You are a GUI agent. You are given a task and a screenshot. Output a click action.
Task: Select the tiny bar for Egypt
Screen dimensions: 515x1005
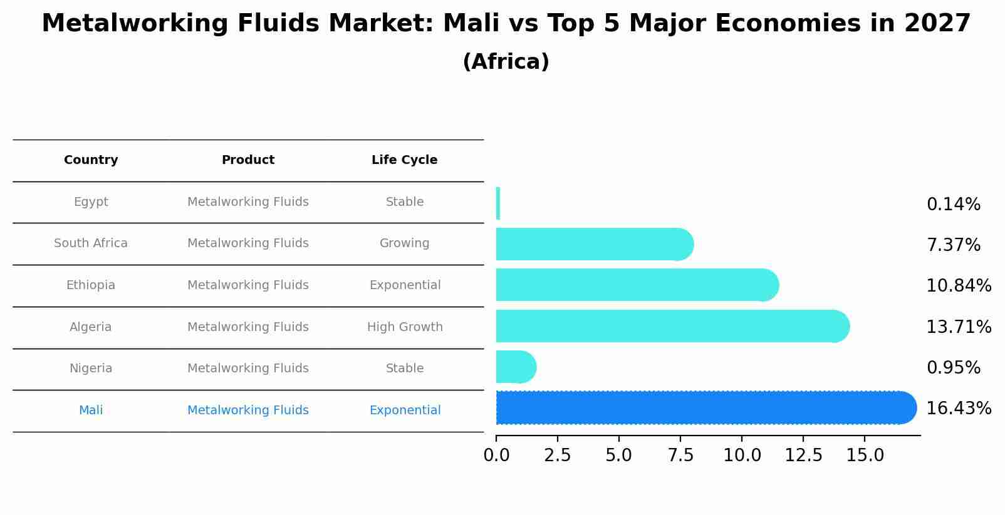coord(498,203)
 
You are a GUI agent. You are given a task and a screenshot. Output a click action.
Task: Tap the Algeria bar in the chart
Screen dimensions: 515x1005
coord(670,326)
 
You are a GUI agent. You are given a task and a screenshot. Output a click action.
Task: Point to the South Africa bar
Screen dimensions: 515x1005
coord(592,244)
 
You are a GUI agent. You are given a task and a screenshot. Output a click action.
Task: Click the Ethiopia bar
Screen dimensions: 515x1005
coord(636,285)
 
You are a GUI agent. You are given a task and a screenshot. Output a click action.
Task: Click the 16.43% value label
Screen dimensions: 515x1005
coord(958,409)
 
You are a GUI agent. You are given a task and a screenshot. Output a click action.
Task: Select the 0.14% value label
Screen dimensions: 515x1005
coord(953,205)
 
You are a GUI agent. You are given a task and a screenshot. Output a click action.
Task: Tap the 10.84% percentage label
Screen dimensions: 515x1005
coord(958,286)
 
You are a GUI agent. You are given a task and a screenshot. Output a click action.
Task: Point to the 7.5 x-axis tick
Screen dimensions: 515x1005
coord(680,456)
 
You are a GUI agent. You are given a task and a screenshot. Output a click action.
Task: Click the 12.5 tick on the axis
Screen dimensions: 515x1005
coord(803,456)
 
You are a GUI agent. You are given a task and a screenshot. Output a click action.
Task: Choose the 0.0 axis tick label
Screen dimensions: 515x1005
coord(496,456)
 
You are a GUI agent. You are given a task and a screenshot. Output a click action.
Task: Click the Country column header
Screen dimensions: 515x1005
coord(91,160)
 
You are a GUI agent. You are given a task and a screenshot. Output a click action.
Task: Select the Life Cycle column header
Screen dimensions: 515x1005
coord(404,160)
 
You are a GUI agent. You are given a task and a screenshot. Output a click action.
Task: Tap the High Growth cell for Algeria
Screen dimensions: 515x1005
coord(405,327)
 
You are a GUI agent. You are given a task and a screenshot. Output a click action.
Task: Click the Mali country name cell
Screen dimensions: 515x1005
coord(91,410)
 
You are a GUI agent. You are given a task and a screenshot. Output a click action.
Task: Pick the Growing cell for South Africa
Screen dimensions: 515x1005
coord(404,243)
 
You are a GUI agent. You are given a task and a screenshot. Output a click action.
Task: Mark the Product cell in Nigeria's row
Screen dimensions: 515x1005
coord(247,369)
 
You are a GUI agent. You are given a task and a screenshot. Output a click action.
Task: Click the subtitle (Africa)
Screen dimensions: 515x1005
coord(506,62)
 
